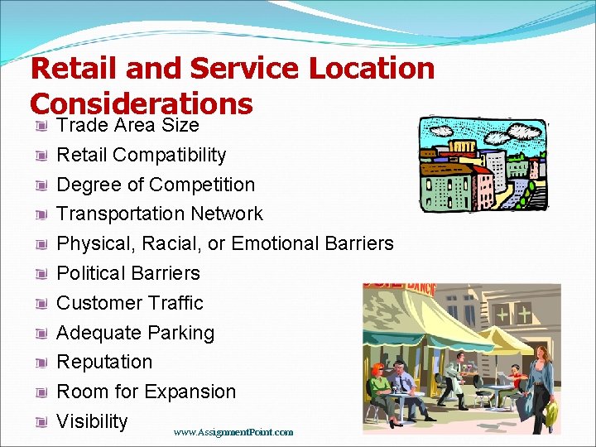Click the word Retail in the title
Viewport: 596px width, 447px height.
click(x=71, y=68)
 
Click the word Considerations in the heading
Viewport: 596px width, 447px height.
click(x=141, y=103)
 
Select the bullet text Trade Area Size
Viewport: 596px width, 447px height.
click(x=127, y=125)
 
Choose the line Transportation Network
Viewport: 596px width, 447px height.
click(x=159, y=214)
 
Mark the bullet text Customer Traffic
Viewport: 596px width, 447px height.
click(x=129, y=303)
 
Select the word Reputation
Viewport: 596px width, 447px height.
click(x=104, y=362)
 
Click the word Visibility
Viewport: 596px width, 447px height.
click(x=92, y=421)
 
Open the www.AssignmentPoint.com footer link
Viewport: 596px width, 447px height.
click(x=233, y=432)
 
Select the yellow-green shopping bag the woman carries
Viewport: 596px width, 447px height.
click(x=551, y=412)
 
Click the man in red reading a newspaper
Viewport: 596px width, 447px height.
click(x=515, y=382)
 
